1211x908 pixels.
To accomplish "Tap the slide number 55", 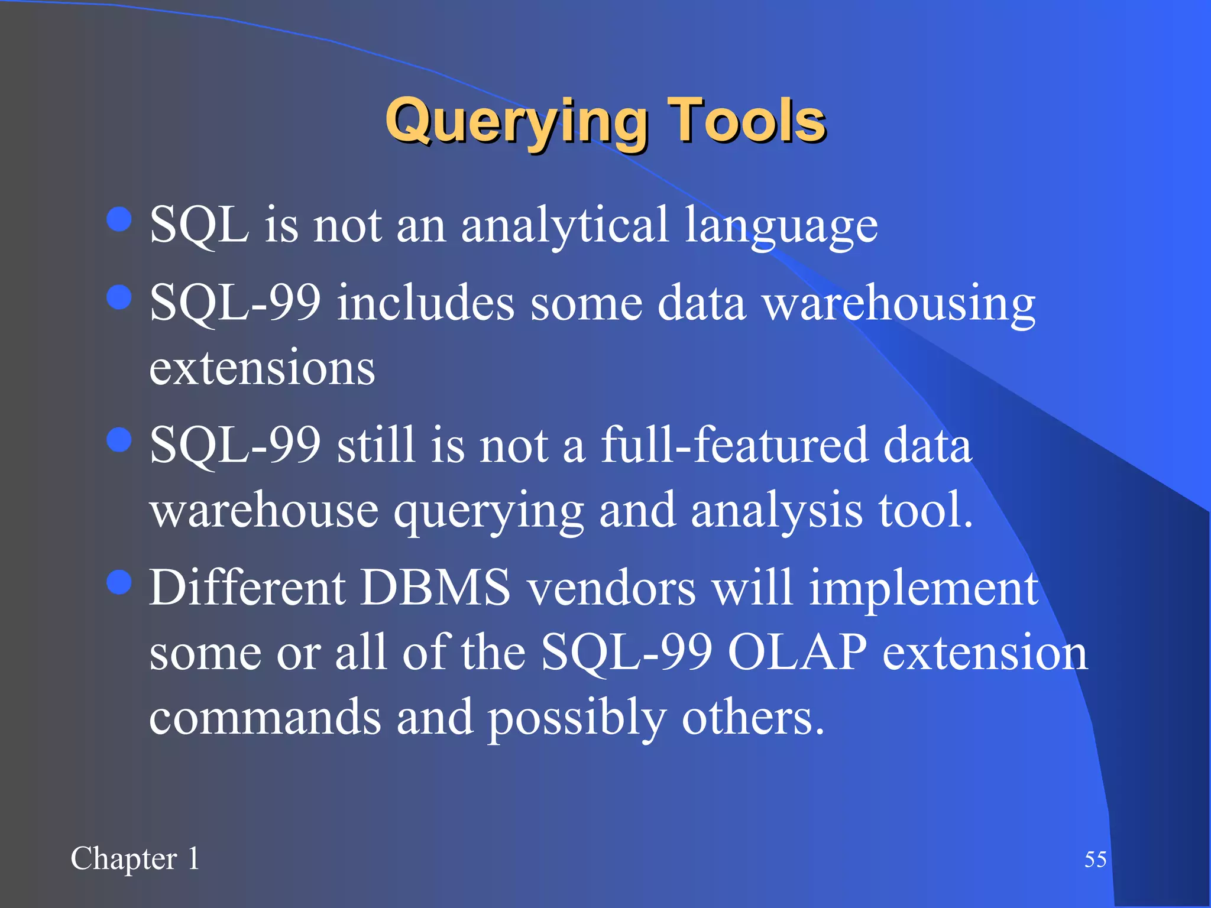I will click(x=1095, y=860).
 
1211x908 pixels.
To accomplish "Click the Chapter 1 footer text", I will click(x=135, y=858).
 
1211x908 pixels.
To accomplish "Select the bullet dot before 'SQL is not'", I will click(x=119, y=219).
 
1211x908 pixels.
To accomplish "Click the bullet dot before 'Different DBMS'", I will click(x=119, y=582).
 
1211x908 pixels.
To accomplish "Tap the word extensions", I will click(x=262, y=368).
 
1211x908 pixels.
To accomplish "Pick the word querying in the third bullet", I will click(x=488, y=512).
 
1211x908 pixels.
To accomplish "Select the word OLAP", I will click(x=797, y=653).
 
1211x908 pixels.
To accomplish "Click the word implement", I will click(x=923, y=591).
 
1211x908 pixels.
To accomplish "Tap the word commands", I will click(x=265, y=717).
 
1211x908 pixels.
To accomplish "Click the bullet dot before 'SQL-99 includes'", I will click(x=119, y=297).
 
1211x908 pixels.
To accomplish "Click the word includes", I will click(x=426, y=303).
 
